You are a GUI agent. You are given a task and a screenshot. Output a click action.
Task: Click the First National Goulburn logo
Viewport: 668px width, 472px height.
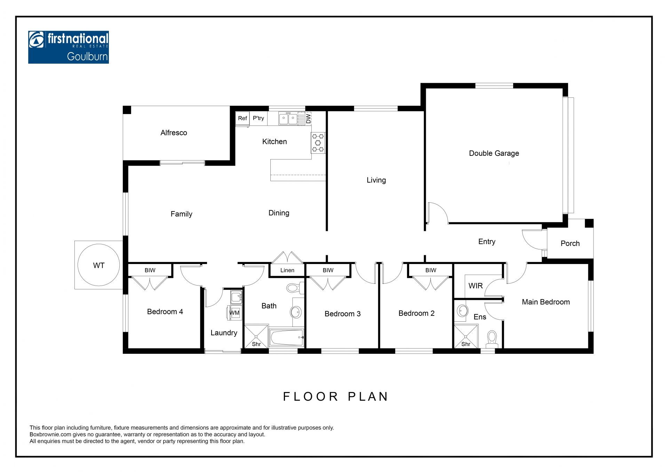tap(69, 47)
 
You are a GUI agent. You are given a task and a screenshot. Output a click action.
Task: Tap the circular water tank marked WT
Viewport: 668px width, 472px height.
tap(99, 265)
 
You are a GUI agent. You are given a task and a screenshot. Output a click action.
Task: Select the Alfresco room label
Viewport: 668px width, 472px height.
tap(174, 133)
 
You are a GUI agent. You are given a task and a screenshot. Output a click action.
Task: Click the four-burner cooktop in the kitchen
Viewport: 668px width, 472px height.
tap(318, 143)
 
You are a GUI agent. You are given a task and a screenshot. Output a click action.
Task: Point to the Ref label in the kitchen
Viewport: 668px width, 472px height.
tap(242, 118)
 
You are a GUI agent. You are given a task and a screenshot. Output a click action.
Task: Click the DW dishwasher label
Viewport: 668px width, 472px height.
tap(308, 119)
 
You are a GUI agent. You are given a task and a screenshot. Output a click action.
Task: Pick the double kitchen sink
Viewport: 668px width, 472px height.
tap(288, 119)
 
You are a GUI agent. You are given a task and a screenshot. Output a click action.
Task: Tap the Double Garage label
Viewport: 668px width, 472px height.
tap(494, 153)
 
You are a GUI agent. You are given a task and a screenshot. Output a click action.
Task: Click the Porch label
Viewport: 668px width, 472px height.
tap(570, 243)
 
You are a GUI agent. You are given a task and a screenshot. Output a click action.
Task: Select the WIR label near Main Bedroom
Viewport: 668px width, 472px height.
tap(475, 286)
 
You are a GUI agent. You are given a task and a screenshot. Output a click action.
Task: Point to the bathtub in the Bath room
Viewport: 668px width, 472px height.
tap(287, 337)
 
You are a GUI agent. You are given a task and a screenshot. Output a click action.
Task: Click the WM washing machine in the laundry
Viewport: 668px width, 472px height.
tap(234, 313)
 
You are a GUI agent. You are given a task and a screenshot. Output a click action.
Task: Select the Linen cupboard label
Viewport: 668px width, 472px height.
tap(287, 270)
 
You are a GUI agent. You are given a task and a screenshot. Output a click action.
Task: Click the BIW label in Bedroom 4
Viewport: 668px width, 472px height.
tap(150, 270)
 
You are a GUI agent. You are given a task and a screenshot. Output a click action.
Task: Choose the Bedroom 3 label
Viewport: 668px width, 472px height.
tap(342, 314)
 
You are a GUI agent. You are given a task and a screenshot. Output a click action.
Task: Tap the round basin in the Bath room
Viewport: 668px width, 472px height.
tap(296, 312)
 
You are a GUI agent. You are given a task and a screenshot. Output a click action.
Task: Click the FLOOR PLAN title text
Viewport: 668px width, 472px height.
tap(335, 397)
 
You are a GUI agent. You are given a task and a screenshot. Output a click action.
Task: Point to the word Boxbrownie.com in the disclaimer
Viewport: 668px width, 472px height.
tap(50, 434)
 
